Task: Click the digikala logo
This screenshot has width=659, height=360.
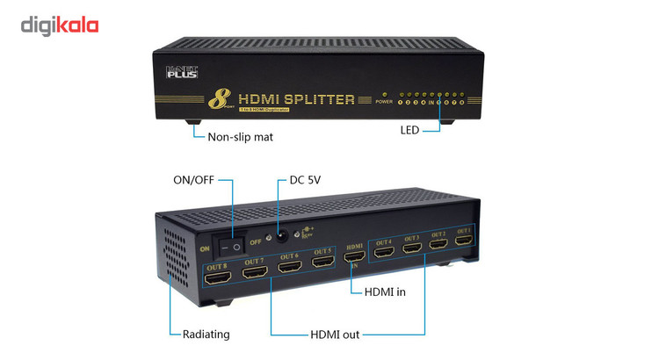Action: coord(59,25)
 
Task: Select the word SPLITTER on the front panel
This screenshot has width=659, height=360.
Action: coord(314,99)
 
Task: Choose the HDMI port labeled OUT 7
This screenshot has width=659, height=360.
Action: coord(255,272)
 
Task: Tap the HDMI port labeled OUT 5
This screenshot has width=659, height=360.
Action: coord(322,262)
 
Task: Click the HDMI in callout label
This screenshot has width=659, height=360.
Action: coord(384,292)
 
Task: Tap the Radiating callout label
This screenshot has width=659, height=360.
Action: coord(206,334)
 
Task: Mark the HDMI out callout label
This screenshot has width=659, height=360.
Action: coord(335,335)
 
